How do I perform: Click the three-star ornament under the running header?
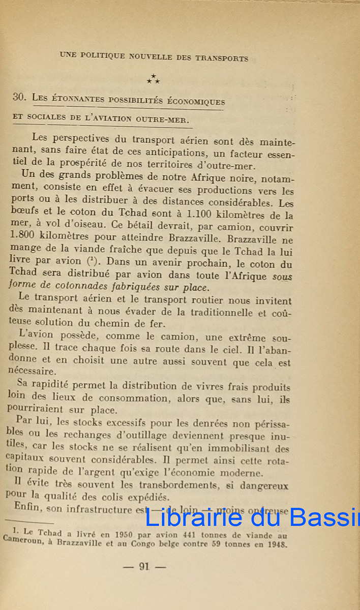153,78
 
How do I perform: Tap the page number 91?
144,566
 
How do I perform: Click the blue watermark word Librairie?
193,517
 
